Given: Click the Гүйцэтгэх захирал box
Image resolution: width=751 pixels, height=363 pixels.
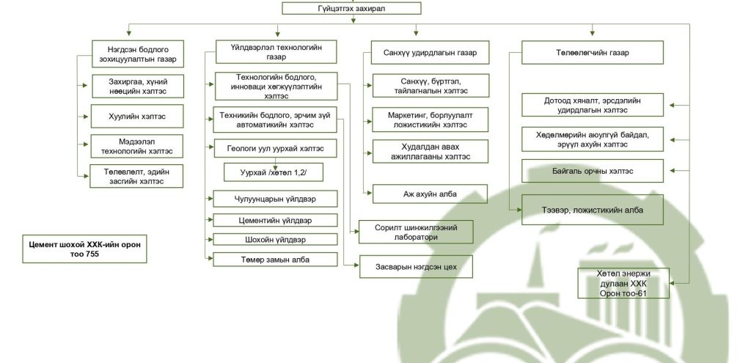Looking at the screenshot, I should point(351,9).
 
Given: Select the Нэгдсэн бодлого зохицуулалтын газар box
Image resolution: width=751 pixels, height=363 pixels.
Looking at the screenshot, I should point(136,54).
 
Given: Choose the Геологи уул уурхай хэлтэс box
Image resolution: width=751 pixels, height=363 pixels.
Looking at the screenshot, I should point(276,147).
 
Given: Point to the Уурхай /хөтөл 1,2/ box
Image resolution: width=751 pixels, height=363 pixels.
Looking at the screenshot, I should point(273,172).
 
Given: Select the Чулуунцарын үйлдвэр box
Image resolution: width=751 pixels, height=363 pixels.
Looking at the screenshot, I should point(276,199).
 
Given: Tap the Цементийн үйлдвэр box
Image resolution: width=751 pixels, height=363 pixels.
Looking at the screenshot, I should point(276,220).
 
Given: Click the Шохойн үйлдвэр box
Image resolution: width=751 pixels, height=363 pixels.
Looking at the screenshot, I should point(276,239).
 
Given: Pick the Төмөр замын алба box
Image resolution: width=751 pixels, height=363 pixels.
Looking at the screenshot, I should point(276,259).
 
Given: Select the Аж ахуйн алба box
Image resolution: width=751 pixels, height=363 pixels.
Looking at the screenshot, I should point(430,194).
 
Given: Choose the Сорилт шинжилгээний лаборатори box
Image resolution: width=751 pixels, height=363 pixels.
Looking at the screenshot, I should point(415,232).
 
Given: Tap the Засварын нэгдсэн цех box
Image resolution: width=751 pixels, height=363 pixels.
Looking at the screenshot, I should point(415,266).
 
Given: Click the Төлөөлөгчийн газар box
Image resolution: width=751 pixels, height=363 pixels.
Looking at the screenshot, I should point(592,54).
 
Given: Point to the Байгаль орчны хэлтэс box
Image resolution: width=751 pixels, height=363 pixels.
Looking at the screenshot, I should point(592,171).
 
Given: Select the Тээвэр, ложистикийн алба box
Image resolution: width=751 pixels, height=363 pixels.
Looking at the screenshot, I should point(592,210).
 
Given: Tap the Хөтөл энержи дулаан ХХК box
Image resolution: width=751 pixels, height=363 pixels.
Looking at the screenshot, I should point(623,284).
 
